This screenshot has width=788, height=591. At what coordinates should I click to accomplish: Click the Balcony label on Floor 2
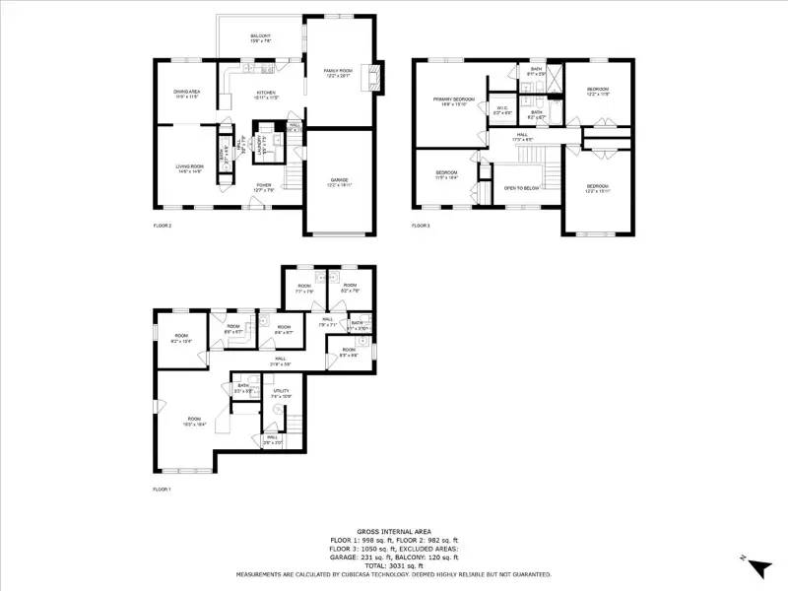pos(260,37)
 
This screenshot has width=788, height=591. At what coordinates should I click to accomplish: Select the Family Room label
pos(339,72)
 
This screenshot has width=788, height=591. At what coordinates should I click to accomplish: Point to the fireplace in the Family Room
pos(371,76)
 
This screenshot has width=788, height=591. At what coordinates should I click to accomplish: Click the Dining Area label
pos(187,94)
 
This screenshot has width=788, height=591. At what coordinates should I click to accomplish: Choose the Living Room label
pos(188,169)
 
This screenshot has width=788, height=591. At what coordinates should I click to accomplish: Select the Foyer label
pos(264,186)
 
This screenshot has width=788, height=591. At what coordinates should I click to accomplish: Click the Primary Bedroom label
pos(453,101)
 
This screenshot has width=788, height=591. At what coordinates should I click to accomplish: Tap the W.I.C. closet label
pos(502,109)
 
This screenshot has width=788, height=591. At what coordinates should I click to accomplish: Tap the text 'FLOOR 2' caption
pos(162,227)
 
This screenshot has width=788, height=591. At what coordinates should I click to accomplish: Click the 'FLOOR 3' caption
pos(421,227)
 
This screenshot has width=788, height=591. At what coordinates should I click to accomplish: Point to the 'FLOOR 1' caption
pos(162,490)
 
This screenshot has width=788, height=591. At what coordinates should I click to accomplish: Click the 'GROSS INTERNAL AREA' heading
pos(394,532)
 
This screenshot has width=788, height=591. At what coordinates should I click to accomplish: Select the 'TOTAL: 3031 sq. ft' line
pos(394,566)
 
